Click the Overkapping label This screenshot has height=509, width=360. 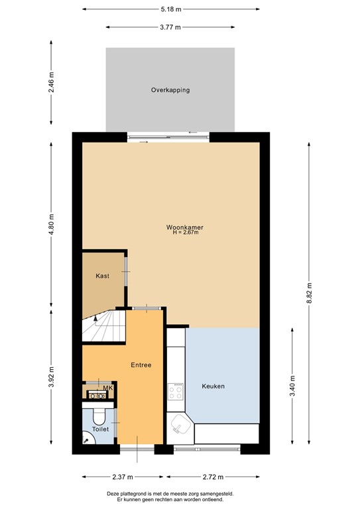(x=170, y=89)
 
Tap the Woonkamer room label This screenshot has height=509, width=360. (x=184, y=227)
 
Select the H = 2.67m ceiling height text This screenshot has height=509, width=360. (x=185, y=233)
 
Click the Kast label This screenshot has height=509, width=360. (x=102, y=276)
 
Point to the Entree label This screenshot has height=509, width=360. (x=141, y=365)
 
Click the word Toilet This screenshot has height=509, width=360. (x=100, y=429)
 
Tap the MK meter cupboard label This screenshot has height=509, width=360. (x=108, y=388)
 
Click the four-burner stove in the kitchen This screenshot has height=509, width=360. (x=176, y=392)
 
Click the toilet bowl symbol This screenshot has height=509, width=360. (x=99, y=415)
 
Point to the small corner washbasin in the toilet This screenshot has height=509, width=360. (x=87, y=438)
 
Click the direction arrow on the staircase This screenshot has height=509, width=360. (x=97, y=320)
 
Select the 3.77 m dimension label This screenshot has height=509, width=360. (x=170, y=27)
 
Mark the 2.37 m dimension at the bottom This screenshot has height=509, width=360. (x=123, y=477)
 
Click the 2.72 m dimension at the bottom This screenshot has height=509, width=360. (x=212, y=477)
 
